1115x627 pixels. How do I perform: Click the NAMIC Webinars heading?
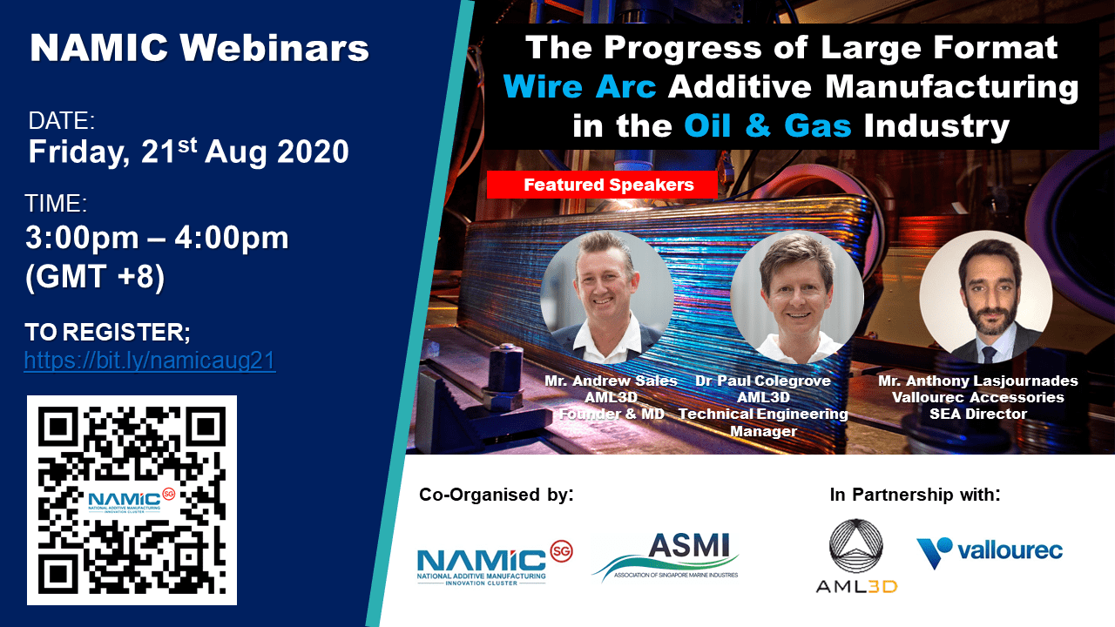[x=199, y=48]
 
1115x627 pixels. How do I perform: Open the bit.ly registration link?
[x=150, y=361]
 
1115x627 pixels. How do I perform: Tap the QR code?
[x=132, y=500]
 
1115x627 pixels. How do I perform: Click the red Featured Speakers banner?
[x=602, y=185]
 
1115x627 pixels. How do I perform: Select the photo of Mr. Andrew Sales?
[x=607, y=297]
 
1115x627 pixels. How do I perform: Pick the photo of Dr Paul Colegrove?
[x=797, y=297]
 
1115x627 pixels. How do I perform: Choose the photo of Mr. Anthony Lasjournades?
[x=986, y=297]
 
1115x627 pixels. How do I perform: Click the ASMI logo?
[x=666, y=556]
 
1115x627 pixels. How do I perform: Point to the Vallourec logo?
[x=990, y=551]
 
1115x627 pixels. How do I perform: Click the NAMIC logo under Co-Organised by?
[x=495, y=563]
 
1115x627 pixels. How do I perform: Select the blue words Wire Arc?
[x=579, y=86]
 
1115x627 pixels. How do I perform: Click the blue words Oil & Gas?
[x=767, y=125]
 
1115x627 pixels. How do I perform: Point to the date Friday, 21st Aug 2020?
[x=189, y=152]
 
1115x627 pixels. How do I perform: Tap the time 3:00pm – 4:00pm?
[x=157, y=238]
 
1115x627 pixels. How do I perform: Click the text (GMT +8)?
[x=95, y=276]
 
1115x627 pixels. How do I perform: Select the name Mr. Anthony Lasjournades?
[x=977, y=381]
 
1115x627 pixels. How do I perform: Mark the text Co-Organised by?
[x=497, y=495]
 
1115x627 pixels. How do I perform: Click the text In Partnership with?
[x=915, y=495]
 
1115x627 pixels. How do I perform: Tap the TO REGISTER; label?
[x=107, y=333]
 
